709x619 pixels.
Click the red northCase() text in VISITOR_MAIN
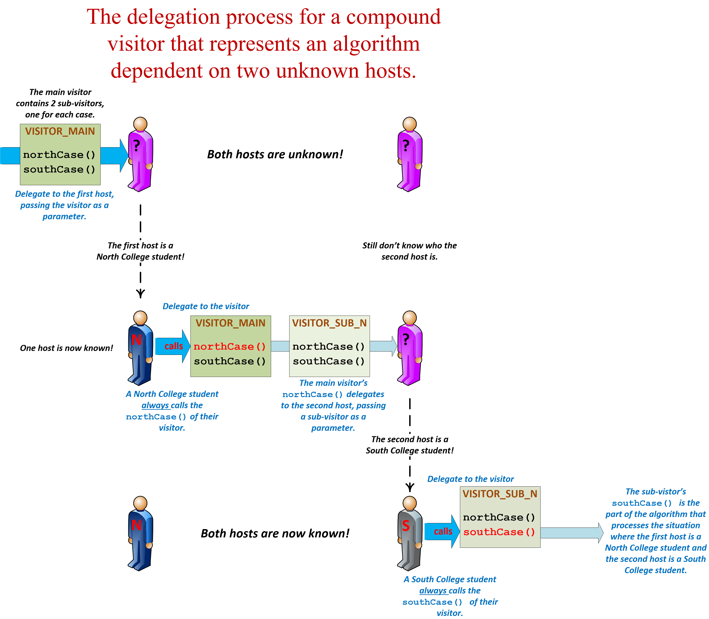230,346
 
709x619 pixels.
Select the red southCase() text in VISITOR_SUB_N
499,532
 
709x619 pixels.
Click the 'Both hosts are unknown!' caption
275,154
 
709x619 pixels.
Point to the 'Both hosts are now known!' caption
275,534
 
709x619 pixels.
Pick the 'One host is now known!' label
66,348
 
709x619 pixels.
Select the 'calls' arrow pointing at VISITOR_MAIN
173,346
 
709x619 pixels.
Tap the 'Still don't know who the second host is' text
409,251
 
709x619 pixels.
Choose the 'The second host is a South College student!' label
409,445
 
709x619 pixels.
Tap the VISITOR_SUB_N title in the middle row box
329,323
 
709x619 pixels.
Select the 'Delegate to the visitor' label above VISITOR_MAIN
206,306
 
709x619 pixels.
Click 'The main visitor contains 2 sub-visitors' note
60,103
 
